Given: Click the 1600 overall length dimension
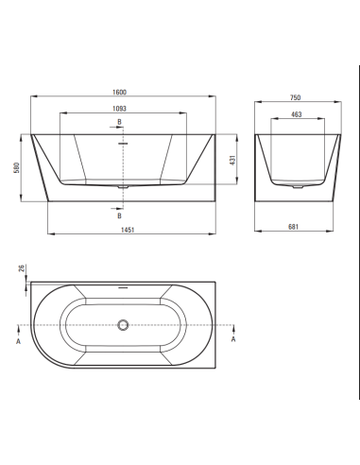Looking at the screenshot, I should (x=120, y=93).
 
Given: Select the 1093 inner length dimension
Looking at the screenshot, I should (x=120, y=109).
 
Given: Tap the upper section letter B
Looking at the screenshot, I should (x=119, y=124).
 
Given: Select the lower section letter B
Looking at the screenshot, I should (x=119, y=214).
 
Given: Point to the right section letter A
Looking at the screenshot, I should (x=233, y=344).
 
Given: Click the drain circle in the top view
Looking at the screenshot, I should (x=121, y=326).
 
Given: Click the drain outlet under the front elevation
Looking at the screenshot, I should (x=120, y=186).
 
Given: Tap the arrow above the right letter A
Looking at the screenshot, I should (x=233, y=330).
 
